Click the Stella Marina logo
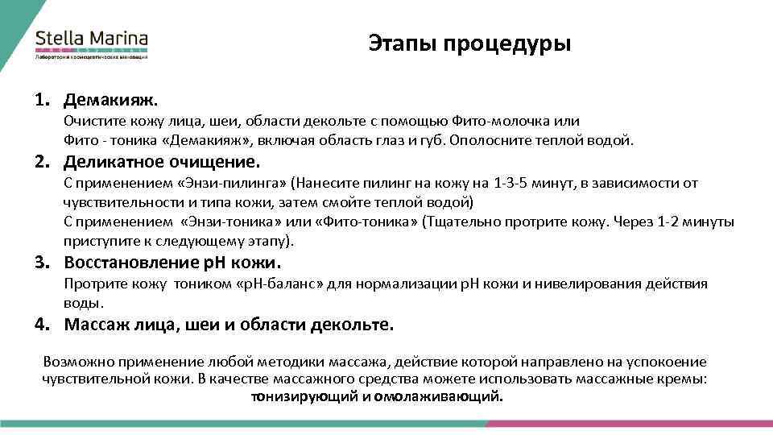tap(91, 43)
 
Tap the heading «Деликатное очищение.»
tap(163, 161)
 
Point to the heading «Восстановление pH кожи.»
tap(173, 263)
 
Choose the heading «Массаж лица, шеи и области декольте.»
tap(229, 325)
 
